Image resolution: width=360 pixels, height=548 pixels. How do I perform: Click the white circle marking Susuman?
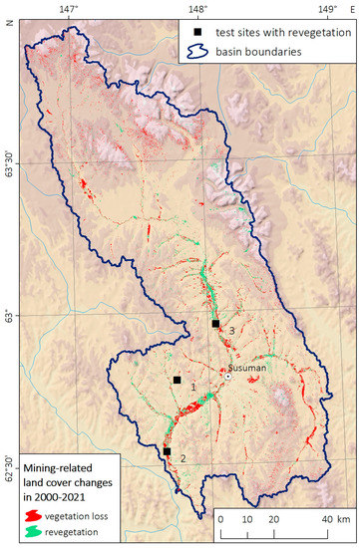[228, 377]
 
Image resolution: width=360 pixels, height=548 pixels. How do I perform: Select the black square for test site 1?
[177, 380]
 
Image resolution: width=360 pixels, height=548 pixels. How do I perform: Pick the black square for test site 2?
[167, 451]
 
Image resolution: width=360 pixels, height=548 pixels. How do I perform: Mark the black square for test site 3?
[215, 324]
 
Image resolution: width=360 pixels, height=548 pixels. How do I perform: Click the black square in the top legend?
[197, 32]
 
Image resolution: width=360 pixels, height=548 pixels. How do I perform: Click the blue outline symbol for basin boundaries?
[198, 51]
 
